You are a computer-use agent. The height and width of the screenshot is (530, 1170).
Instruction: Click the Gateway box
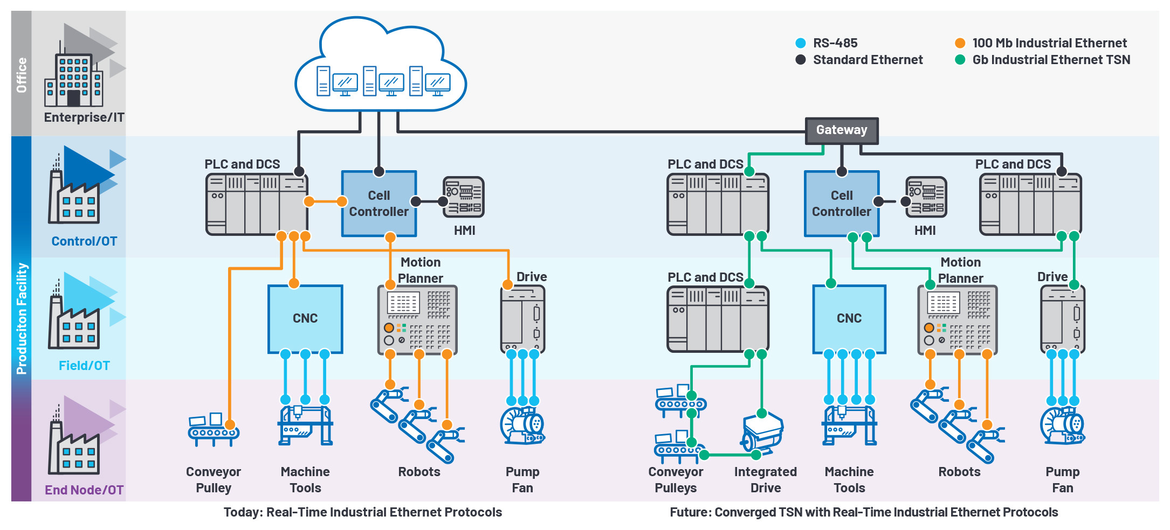pos(841,131)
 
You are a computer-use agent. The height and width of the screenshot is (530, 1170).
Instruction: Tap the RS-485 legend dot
pos(801,43)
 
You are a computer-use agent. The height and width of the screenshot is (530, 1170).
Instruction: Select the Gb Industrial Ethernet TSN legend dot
pos(960,60)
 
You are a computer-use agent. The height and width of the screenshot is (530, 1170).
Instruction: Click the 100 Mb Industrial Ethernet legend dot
pos(960,43)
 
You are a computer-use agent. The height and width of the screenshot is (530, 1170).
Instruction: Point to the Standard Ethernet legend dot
pos(801,60)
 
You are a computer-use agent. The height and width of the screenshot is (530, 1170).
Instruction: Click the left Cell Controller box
pos(378,204)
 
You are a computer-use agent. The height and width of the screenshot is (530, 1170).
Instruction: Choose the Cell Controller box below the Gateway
pos(841,204)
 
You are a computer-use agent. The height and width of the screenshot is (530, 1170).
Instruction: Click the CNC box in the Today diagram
pos(305,319)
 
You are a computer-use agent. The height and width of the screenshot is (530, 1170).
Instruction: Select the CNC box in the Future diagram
pos(849,319)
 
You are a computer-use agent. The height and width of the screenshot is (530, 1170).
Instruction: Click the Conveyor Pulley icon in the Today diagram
pos(213,430)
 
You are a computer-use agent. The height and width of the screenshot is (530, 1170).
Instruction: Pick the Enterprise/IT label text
pos(84,117)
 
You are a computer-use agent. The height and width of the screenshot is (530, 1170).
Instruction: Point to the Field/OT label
pos(84,366)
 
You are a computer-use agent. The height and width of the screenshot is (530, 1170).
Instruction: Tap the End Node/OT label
pos(84,490)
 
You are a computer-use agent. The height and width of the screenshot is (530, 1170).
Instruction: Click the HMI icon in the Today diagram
pos(463,197)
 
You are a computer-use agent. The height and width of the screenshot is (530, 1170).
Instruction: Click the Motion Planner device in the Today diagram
pos(417,320)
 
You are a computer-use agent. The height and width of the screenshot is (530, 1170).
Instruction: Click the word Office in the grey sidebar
pos(22,75)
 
